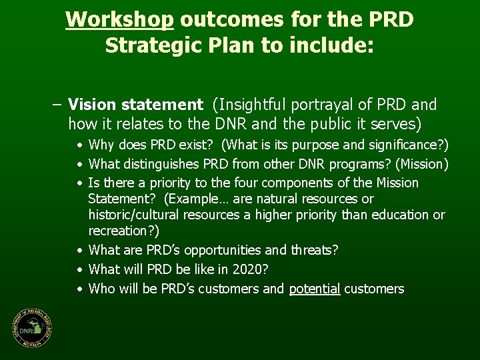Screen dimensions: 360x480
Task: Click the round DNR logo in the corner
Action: (x=31, y=329)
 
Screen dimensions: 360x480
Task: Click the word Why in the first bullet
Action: (x=101, y=145)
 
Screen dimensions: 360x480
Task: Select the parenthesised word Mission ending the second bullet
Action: (x=423, y=163)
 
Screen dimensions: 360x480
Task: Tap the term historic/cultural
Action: (x=140, y=215)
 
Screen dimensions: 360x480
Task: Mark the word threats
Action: (x=314, y=250)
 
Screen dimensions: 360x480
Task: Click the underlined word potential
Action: (x=315, y=289)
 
